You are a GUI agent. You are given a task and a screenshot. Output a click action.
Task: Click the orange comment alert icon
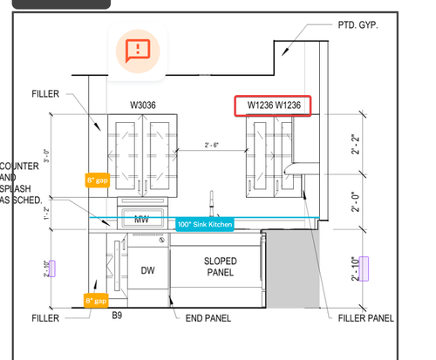(x=138, y=51)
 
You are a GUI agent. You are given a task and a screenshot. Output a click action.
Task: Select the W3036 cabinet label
(x=143, y=105)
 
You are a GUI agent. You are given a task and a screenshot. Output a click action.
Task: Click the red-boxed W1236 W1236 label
(x=273, y=105)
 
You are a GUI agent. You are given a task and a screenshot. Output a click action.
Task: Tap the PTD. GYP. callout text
(x=358, y=25)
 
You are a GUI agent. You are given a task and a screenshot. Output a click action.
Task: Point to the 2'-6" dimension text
(x=212, y=145)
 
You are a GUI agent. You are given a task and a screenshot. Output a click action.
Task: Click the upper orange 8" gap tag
(x=98, y=180)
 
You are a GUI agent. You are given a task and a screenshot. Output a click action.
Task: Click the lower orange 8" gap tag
(x=96, y=301)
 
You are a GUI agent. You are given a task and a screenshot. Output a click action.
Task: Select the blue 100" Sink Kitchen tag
(x=205, y=224)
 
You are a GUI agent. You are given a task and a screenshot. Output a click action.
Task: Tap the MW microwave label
(x=142, y=220)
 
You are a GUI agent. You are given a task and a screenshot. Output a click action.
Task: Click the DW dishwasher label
(x=147, y=270)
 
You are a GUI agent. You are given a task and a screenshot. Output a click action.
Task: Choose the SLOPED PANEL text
(x=221, y=267)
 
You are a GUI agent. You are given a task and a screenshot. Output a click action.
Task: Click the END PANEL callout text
(x=208, y=318)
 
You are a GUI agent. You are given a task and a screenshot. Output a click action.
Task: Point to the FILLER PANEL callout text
(x=366, y=318)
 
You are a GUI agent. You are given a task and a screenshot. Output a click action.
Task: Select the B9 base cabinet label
(x=117, y=316)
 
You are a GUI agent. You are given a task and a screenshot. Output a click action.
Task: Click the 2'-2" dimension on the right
(x=355, y=145)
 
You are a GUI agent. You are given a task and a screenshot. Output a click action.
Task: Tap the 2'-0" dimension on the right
(x=355, y=201)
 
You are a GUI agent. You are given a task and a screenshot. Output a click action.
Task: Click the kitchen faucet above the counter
(x=213, y=203)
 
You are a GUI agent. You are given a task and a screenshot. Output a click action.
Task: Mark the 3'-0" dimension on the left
(x=46, y=156)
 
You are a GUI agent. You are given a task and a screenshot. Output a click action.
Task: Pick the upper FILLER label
(x=45, y=94)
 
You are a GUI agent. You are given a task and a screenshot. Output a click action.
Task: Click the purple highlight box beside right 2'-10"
(x=364, y=268)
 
